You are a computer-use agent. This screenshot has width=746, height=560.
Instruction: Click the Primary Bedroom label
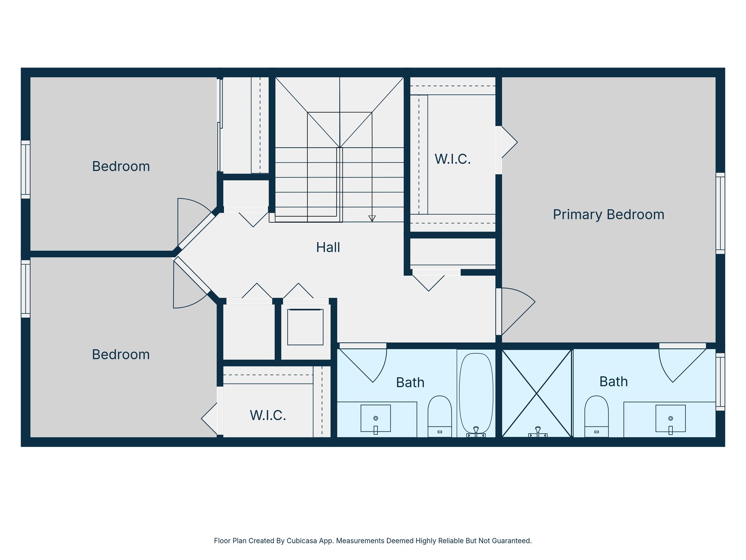point(608,214)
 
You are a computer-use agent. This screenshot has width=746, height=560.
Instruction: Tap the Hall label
point(328,248)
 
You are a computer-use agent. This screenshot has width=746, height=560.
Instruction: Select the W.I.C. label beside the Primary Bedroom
point(452,159)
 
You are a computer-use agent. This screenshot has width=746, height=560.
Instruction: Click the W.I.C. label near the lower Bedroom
point(268,415)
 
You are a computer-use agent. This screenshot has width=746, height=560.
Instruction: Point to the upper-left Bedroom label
point(121,167)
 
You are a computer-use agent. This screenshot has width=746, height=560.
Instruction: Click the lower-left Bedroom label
point(121,354)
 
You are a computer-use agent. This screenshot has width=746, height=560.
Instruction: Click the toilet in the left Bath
point(440,416)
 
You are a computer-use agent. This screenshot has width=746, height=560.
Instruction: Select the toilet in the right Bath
point(596,416)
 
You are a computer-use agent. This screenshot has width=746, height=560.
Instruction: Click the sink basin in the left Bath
point(376,418)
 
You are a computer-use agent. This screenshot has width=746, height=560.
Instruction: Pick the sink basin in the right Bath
point(670,418)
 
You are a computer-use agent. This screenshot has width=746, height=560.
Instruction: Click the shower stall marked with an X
point(537,393)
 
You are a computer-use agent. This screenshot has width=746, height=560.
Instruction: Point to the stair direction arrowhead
point(372,218)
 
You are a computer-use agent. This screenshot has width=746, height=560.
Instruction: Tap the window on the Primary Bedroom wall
point(720,213)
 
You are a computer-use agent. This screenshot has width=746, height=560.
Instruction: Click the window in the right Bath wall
point(720,382)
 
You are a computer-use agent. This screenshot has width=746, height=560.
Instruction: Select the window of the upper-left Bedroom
point(25,170)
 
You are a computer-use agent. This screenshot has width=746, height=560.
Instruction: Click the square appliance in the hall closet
point(305,327)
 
